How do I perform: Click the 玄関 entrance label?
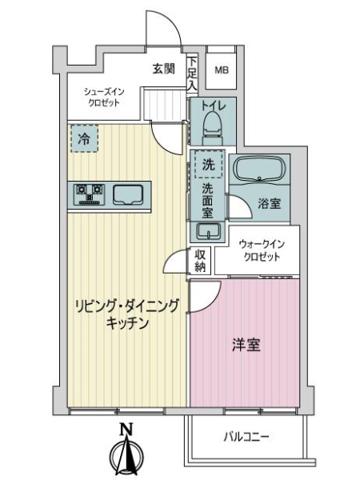tap(164, 69)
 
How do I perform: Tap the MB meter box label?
tap(222, 70)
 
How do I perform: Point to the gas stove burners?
tap(89, 194)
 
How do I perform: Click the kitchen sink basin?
tap(128, 194)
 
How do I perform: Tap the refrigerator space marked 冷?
tap(85, 138)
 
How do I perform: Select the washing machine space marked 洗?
tap(209, 164)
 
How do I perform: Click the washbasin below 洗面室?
tap(208, 231)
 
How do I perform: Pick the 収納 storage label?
tap(200, 261)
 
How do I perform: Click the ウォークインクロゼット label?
tap(262, 250)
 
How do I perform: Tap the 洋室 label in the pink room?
tap(246, 345)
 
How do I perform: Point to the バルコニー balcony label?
tap(246, 437)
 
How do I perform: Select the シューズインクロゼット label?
tap(104, 97)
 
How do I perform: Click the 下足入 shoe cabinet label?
tap(192, 74)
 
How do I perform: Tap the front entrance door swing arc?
tap(172, 21)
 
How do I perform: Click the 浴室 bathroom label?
tap(269, 203)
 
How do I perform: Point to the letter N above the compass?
tap(126, 429)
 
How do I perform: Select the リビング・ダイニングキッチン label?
tap(126, 314)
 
